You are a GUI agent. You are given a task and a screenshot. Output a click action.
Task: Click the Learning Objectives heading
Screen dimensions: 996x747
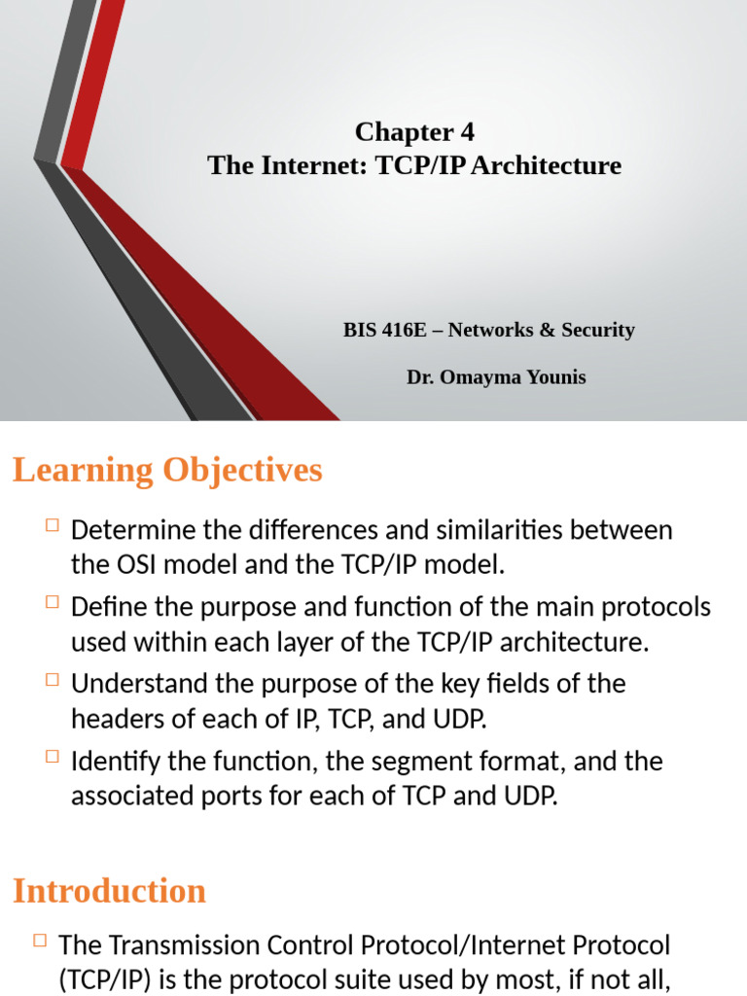167,471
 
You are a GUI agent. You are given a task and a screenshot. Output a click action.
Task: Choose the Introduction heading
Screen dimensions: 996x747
109,891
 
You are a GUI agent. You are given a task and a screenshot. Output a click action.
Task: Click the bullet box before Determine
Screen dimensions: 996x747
52,526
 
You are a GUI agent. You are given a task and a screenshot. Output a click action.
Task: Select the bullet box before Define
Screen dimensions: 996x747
52,603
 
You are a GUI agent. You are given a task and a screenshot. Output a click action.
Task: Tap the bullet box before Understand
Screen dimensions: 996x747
52,679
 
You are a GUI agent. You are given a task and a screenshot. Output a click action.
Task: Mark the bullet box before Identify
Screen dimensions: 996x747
52,756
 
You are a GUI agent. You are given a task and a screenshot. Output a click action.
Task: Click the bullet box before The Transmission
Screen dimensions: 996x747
40,941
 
